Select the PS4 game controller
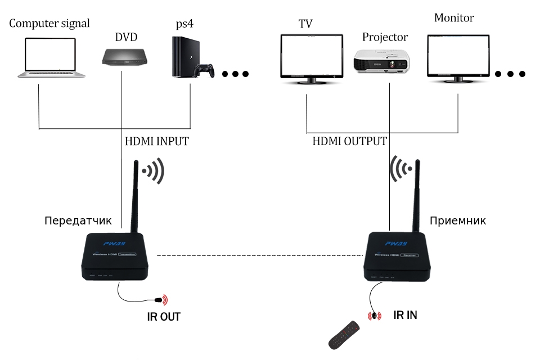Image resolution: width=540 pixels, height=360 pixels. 204,71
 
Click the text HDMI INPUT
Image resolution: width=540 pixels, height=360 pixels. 156,142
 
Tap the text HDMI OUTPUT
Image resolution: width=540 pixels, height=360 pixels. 349,142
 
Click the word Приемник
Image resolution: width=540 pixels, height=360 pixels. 457,220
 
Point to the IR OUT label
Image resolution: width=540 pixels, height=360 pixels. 164,317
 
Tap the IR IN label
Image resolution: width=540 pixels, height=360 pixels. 405,315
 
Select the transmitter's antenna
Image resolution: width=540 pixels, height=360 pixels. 135,197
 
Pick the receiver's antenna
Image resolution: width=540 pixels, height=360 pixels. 418,197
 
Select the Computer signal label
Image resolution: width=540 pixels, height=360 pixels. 49,24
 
